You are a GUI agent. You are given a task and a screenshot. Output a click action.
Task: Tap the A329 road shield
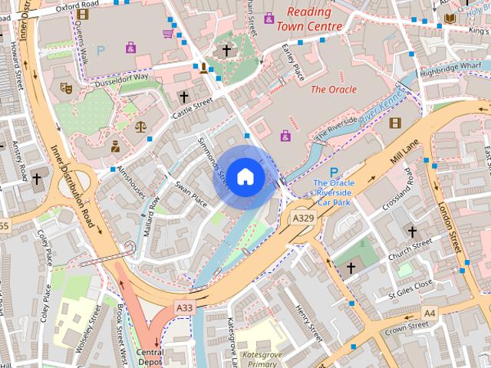[303, 219]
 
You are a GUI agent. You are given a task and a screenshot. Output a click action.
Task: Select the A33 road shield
[184, 307]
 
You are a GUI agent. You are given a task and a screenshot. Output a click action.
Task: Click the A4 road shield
[429, 313]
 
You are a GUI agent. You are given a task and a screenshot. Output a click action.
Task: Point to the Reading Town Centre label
[309, 19]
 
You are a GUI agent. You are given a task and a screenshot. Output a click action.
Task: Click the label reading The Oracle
[333, 90]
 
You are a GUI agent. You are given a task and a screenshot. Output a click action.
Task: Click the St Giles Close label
[410, 288]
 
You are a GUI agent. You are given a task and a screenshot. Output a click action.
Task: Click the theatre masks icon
[67, 88]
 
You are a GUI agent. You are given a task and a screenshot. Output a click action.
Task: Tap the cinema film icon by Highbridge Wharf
[395, 123]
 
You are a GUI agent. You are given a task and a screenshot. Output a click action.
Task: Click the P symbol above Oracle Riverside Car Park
[334, 172]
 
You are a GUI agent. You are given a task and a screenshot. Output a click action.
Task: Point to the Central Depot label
[151, 357]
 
